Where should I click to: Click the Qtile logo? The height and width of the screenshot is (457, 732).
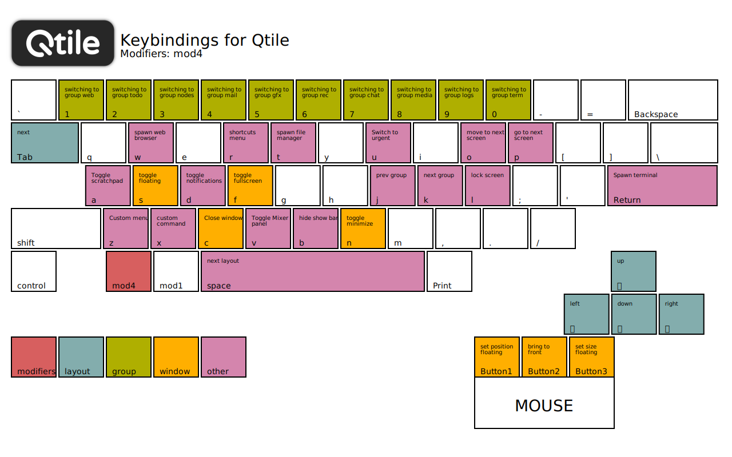pyautogui.click(x=63, y=43)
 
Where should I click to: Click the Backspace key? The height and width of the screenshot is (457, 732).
pyautogui.click(x=673, y=100)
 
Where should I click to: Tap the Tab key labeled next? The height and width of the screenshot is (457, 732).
pyautogui.click(x=45, y=143)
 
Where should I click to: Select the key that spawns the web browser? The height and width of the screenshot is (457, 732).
pyautogui.click(x=151, y=143)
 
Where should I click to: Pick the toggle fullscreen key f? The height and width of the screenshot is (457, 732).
pyautogui.click(x=250, y=186)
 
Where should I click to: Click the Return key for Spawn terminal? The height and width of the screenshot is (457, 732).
pyautogui.click(x=662, y=186)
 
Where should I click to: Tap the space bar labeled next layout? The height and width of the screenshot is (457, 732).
pyautogui.click(x=313, y=271)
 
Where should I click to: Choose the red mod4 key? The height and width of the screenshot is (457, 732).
pyautogui.click(x=129, y=271)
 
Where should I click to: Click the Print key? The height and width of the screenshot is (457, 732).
pyautogui.click(x=449, y=271)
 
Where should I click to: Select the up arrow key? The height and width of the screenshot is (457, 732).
pyautogui.click(x=634, y=271)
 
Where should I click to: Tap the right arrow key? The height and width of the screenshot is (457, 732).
pyautogui.click(x=681, y=314)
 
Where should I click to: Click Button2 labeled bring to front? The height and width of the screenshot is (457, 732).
pyautogui.click(x=544, y=357)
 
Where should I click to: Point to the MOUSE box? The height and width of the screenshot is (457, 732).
pyautogui.click(x=544, y=403)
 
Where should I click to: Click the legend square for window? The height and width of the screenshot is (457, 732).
pyautogui.click(x=176, y=357)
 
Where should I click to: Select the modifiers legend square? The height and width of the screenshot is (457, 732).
pyautogui.click(x=34, y=357)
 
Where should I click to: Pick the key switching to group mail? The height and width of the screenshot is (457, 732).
pyautogui.click(x=224, y=100)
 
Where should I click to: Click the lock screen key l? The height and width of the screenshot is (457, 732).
pyautogui.click(x=487, y=186)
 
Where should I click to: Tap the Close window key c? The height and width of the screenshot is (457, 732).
pyautogui.click(x=221, y=228)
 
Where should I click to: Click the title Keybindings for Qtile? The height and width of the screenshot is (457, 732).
pyautogui.click(x=204, y=41)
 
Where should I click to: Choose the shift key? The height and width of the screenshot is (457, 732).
pyautogui.click(x=56, y=228)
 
